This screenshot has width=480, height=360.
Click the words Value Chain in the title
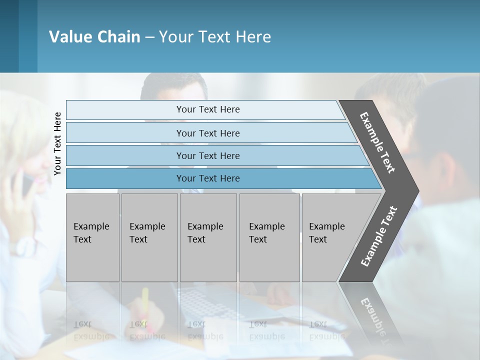[x=94, y=37]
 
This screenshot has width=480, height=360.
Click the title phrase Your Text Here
[x=215, y=37]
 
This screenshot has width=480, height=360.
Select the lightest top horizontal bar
[x=208, y=109]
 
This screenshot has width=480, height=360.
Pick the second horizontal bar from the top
[x=208, y=133]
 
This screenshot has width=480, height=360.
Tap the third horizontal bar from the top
[x=208, y=155]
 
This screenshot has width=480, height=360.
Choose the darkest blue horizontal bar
[x=208, y=178]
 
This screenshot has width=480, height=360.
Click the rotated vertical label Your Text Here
[x=57, y=143]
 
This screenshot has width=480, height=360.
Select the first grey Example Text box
[x=92, y=237]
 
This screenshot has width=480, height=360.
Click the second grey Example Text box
[x=149, y=237]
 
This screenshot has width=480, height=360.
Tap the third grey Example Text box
[x=208, y=237]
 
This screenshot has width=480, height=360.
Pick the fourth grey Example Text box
[x=269, y=237]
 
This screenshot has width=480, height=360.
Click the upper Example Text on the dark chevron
[x=377, y=142]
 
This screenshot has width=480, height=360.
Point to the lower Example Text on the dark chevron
[x=378, y=236]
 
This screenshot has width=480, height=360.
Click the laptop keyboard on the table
[x=200, y=303]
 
